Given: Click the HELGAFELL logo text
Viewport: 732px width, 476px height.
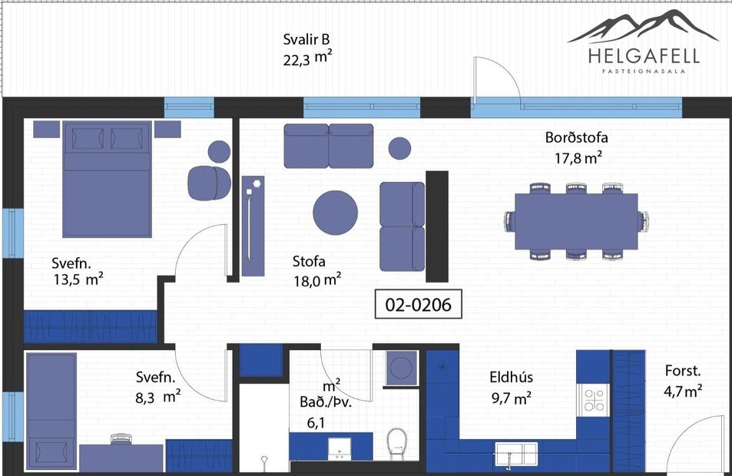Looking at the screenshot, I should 644,56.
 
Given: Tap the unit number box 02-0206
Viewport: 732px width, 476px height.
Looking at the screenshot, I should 418,305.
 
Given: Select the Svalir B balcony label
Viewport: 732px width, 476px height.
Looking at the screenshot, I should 306,41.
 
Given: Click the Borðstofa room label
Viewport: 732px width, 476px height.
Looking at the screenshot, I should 576,138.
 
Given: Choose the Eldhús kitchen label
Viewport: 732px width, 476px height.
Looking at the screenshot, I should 511,377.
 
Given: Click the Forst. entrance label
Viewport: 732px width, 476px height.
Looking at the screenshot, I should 683,371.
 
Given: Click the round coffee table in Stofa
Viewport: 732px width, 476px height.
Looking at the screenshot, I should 335,212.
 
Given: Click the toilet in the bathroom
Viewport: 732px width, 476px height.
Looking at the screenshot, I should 396,443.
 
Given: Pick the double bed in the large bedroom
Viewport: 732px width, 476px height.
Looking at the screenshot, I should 107,180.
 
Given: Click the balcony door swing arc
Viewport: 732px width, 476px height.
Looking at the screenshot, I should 498,80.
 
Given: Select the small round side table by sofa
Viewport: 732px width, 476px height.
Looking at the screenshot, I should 399,147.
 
